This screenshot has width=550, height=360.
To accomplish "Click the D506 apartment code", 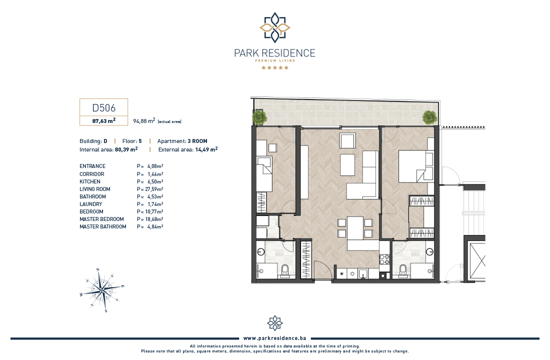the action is (x=104, y=107).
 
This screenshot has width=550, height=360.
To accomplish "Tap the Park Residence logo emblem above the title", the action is (x=275, y=27).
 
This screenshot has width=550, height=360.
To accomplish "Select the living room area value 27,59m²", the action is (x=154, y=189).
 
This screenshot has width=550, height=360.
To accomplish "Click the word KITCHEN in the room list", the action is (x=90, y=182).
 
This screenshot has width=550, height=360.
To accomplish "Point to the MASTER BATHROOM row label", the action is (x=103, y=226).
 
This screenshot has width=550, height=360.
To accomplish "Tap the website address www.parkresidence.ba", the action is (x=274, y=338).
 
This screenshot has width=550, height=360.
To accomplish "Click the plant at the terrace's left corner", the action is (x=259, y=117).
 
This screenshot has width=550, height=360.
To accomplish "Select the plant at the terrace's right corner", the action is (x=429, y=117).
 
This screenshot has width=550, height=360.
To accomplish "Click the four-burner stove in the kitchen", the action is (x=384, y=259).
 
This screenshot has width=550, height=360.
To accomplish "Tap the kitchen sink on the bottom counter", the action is (x=362, y=273).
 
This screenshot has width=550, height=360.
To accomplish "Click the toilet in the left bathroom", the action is (x=285, y=271).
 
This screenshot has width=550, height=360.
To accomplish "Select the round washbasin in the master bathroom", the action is (x=429, y=251).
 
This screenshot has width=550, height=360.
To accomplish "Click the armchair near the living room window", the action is (x=347, y=140).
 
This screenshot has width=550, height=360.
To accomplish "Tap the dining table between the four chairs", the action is (x=354, y=227).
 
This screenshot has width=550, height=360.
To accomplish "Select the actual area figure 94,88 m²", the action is (x=144, y=121).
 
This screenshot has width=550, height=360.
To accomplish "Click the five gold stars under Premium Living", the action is (x=275, y=67).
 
